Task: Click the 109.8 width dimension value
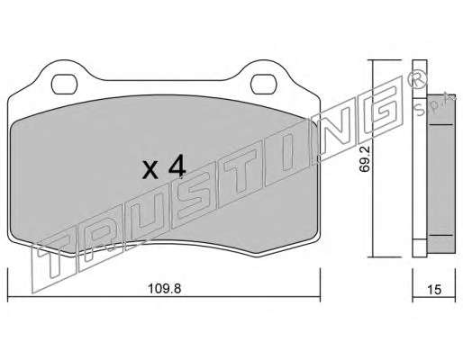[x=165, y=289]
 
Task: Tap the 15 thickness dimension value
[x=434, y=290]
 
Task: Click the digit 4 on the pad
[x=177, y=168]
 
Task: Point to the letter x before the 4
[x=150, y=171]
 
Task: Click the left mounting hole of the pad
[x=64, y=85]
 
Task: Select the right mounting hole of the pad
[x=264, y=85]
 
